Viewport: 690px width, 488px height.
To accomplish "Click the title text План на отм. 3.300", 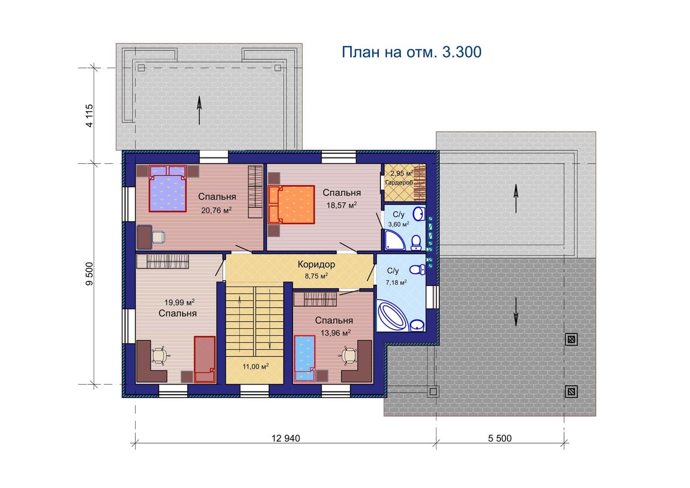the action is coord(412,52).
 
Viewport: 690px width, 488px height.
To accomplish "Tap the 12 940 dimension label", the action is coord(286,438).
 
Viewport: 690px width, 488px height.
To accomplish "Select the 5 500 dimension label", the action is coord(500,438).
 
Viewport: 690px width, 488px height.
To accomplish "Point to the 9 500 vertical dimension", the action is coord(89,274).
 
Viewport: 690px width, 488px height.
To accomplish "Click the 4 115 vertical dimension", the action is coord(89,115).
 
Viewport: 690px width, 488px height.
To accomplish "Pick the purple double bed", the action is coord(168,189).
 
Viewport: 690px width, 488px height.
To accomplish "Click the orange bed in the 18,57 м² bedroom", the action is coord(291,205).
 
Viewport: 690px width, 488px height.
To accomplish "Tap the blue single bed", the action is coord(305,359).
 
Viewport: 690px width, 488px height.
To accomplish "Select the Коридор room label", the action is coord(316,264).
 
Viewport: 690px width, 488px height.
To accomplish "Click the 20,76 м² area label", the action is coord(216,210).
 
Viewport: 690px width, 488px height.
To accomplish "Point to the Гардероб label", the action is coord(399,183).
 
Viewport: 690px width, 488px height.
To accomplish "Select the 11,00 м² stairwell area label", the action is coord(255,367).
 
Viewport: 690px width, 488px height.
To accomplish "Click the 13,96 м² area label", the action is coord(336,333).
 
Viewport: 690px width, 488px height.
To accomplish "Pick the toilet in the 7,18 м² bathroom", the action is coord(417,270).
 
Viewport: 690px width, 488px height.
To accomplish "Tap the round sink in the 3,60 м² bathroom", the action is coord(419,214).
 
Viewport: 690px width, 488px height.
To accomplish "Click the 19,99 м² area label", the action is coord(179,302).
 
